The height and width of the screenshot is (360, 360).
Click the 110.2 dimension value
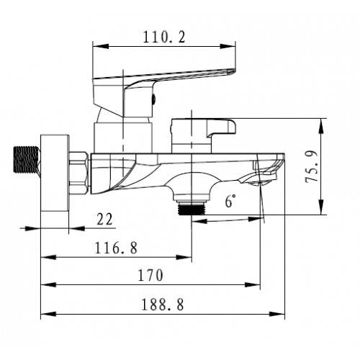pos(164,37)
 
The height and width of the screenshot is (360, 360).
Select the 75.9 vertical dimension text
pos(311,166)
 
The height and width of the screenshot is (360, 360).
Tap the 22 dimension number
pos(104,219)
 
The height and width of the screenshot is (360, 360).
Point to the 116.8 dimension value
pos(117,248)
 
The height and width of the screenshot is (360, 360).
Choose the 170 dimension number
pos(150,275)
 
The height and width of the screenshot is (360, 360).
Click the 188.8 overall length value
pos(163,305)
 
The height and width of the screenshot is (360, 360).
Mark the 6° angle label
pos(230,201)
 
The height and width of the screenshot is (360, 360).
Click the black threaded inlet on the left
pos(26,159)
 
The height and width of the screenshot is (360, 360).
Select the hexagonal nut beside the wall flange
pos(78,173)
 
